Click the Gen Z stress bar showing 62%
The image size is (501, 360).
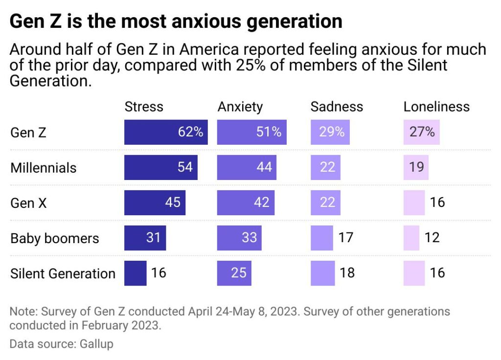coord(166,132)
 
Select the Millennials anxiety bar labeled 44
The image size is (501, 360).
coord(247,167)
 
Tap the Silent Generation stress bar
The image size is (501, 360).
coord(135,273)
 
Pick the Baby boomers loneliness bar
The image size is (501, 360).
coord(411,238)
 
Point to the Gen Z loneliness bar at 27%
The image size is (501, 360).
coord(421,132)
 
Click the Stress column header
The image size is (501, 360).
coord(144,107)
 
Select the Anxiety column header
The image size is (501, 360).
coord(240,107)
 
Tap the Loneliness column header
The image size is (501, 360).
coord(436,107)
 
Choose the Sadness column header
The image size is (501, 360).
coord(337,107)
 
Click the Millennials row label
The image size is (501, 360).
coord(44,168)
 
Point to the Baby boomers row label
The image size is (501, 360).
coord(54,238)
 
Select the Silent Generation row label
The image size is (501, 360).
coord(63,273)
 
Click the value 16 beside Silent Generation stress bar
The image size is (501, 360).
coord(159,273)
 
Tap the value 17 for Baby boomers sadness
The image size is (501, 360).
coord(346,238)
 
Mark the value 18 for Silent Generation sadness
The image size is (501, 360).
coord(346,273)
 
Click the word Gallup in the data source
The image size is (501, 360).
coord(96,344)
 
